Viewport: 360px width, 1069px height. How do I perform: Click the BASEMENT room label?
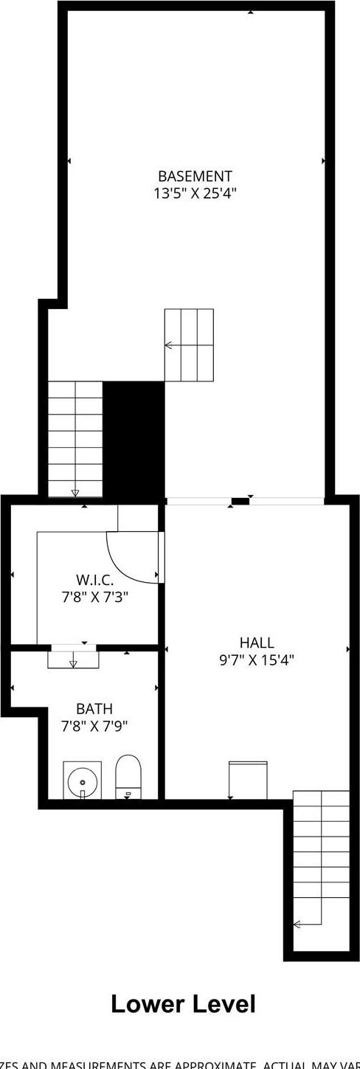pos(195,176)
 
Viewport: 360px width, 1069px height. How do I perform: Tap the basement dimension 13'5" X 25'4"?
pos(195,194)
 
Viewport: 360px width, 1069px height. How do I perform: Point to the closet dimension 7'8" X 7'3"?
pos(95,596)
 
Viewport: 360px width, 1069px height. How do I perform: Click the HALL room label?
pos(257,643)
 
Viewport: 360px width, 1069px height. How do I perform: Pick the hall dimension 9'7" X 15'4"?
pos(257,660)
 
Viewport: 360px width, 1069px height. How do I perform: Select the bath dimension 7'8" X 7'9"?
pos(94,725)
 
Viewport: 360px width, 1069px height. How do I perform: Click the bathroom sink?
pos(81,780)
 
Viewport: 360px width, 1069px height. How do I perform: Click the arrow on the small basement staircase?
pos(169,345)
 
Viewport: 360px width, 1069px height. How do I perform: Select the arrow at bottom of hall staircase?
pos(297,924)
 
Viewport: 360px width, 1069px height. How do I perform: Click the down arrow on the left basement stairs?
pos(75,493)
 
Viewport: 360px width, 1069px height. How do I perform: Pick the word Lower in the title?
pos(147,1004)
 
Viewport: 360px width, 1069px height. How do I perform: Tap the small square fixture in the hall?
pos(248,780)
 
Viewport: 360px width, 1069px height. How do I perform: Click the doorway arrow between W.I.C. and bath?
pos(73,664)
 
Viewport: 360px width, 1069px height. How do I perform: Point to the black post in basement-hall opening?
pos(240,502)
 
